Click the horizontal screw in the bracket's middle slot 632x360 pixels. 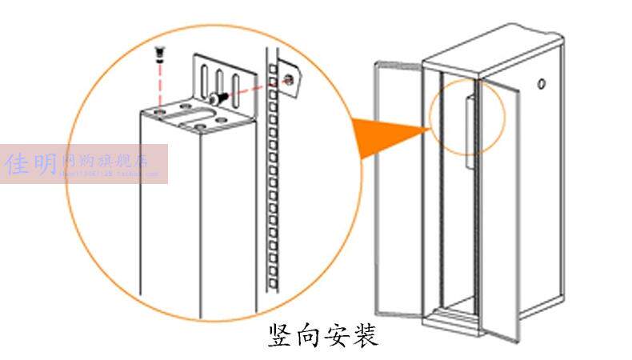coord(217,98)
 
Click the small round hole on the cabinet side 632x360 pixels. coord(543,83)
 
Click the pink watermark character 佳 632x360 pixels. coord(18,164)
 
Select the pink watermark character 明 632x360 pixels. coord(45,164)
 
